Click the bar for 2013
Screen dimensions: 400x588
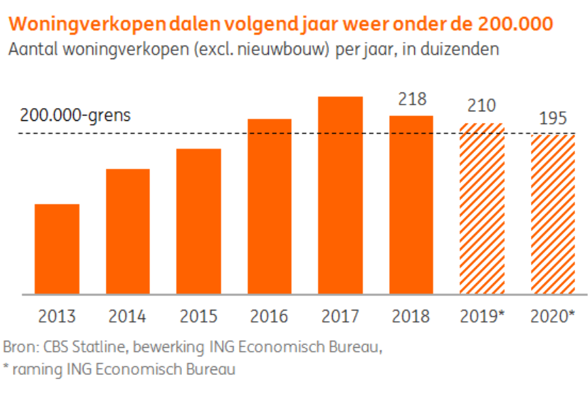[57, 249]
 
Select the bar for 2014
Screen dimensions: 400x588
[128, 231]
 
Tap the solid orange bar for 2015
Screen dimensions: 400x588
[198, 221]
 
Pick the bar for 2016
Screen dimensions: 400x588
[270, 206]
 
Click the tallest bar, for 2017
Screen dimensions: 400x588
[340, 195]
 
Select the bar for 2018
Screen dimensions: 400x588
[411, 204]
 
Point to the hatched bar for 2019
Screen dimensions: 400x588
[481, 208]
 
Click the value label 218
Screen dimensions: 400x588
[411, 98]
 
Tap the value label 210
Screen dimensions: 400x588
[481, 106]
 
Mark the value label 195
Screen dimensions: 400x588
[553, 118]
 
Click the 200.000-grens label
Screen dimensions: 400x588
[75, 115]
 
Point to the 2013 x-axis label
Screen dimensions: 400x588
[57, 316]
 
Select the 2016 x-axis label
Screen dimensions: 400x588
[269, 316]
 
